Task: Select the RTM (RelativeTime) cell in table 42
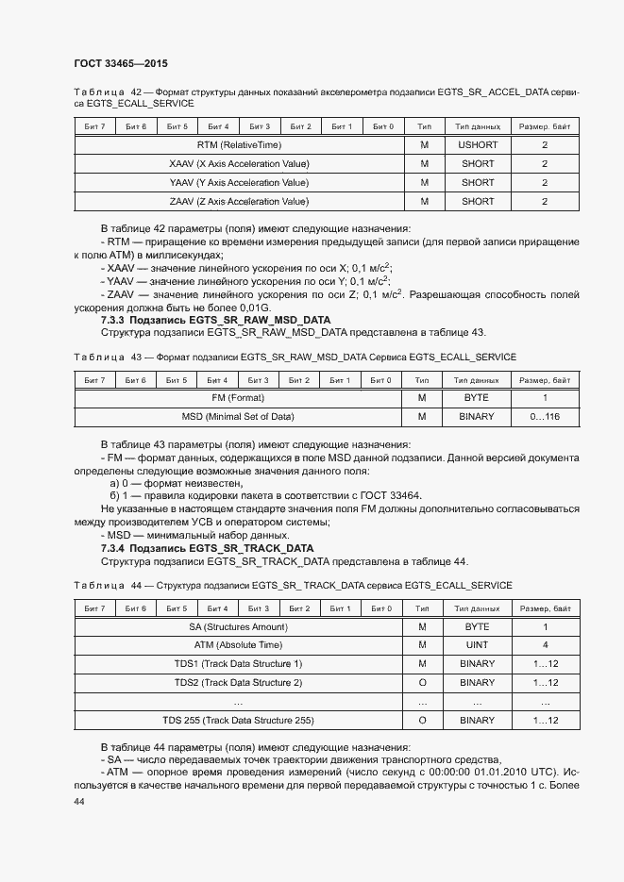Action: tap(239, 145)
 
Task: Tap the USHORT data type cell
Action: tap(477, 145)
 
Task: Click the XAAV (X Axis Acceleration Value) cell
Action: tap(239, 164)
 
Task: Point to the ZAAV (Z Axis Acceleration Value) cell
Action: tap(239, 201)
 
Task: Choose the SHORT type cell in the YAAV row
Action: tap(477, 183)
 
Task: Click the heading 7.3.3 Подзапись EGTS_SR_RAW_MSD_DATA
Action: tap(215, 320)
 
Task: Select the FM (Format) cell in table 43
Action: tap(237, 398)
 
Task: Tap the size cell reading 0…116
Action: tap(545, 416)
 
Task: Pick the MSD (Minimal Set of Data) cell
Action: tap(237, 416)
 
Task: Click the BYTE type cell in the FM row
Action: tap(477, 398)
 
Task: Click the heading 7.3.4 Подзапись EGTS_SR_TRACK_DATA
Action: tap(207, 548)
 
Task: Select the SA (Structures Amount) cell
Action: tap(238, 626)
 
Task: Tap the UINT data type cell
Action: tap(477, 645)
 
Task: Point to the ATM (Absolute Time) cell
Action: tap(238, 645)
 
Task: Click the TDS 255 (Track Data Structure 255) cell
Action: tap(238, 720)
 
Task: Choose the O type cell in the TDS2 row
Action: tap(423, 682)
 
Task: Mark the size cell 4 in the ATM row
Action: tap(545, 645)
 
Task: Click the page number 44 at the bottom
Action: tap(79, 801)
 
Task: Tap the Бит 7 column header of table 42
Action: tap(94, 126)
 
